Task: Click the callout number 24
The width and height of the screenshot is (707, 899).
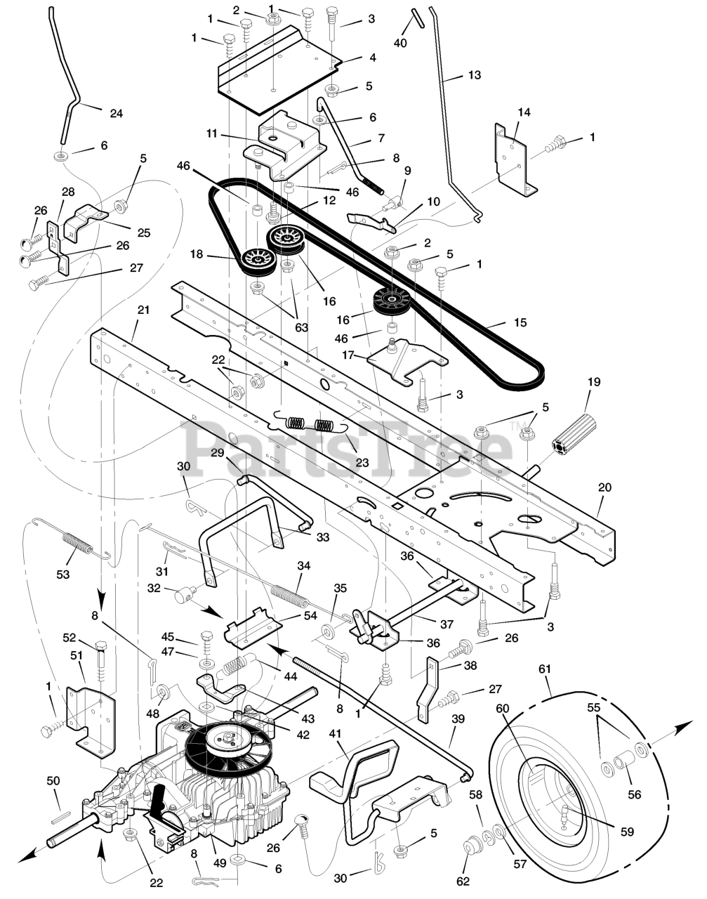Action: click(116, 113)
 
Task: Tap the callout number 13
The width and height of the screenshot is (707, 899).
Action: click(475, 75)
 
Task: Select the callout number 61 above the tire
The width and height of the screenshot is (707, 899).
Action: click(545, 669)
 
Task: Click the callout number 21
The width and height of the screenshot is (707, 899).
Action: click(143, 310)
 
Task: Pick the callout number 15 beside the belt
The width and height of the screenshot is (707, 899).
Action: click(520, 322)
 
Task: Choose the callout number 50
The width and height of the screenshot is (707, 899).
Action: click(53, 781)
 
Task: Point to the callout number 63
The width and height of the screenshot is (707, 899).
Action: click(301, 327)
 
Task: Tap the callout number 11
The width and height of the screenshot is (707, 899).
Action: click(212, 133)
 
